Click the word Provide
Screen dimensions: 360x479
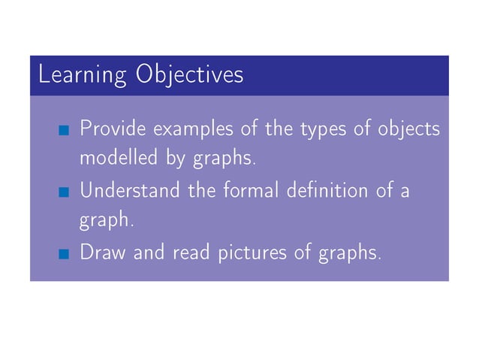coord(113,129)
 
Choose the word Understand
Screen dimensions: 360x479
coord(131,190)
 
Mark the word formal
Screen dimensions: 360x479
coord(249,190)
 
